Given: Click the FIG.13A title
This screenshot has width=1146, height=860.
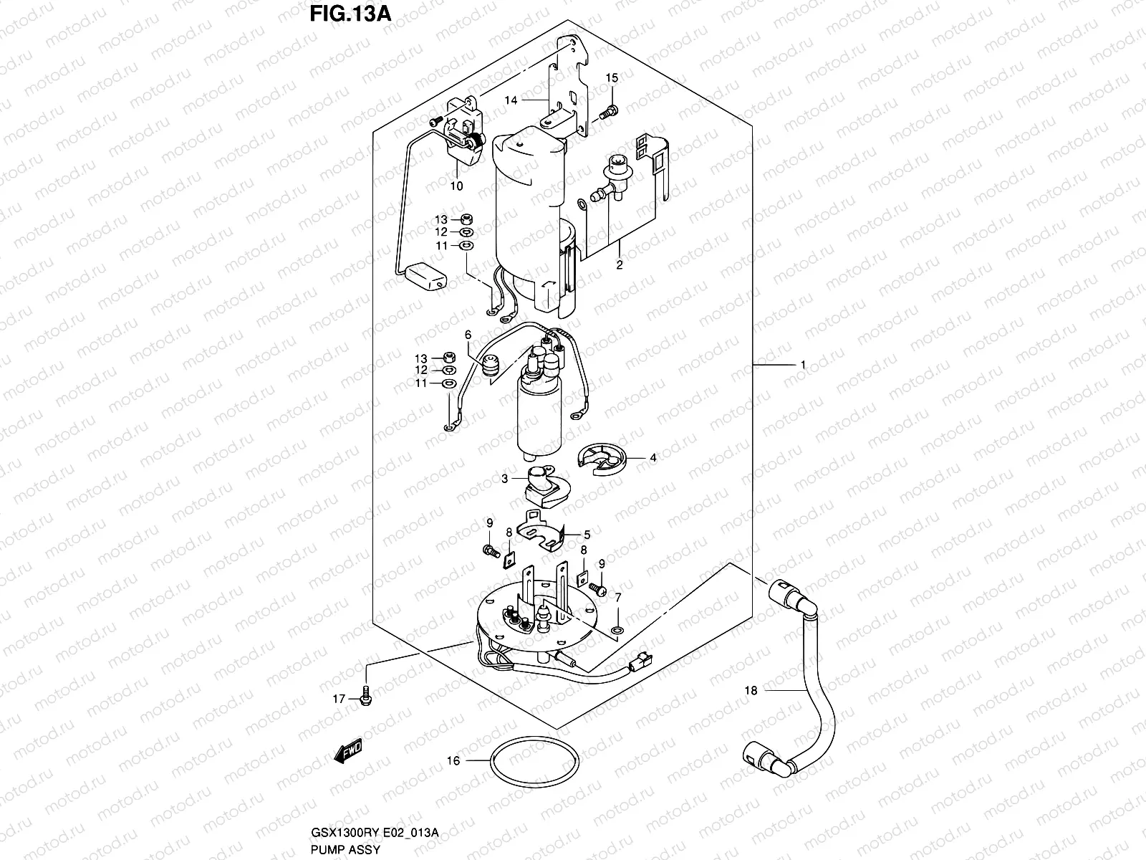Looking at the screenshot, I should pos(350,14).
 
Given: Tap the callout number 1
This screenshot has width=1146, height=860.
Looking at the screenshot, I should pos(803,365).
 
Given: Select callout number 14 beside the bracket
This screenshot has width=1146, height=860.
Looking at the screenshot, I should pos(511,101).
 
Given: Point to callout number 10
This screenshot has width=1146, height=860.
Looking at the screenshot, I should pos(456,186).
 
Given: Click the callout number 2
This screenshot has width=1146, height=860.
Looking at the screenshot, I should pos(620,264).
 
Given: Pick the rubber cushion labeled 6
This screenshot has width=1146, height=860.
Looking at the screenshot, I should pos(490,365).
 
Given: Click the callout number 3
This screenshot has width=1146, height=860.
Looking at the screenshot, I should pos(504,478).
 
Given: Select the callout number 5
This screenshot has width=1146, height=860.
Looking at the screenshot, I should pos(587,534).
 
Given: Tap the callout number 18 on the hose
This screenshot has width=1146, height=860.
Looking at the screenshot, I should pos(751,691).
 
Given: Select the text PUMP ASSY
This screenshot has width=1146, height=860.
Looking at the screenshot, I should pos(345,849).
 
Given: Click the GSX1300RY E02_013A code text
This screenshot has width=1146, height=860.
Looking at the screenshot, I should pos(373,832).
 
